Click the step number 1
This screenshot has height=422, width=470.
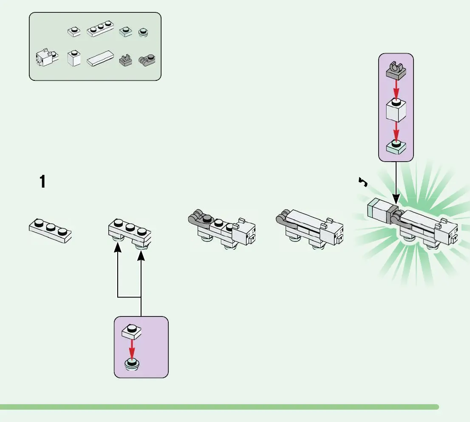[42, 182]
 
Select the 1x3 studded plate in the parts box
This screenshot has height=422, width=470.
[101, 31]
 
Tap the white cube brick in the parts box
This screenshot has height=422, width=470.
[74, 58]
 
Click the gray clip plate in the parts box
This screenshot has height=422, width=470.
[125, 60]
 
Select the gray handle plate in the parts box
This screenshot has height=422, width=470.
[148, 60]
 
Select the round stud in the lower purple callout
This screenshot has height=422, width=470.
[132, 365]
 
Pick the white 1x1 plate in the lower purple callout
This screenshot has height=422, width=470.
[132, 331]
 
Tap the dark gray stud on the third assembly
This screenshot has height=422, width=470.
[207, 220]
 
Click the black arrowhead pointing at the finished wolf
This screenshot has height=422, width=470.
[396, 199]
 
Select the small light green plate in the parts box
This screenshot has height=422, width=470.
[126, 31]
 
